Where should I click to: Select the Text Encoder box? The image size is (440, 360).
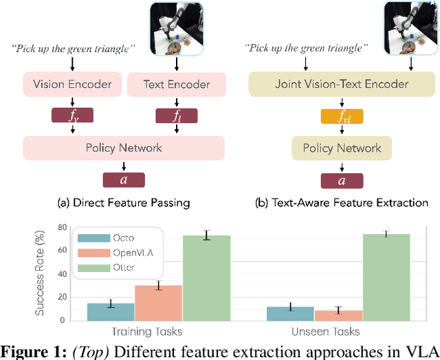[x=176, y=85]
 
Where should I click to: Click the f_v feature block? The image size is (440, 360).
[x=73, y=116]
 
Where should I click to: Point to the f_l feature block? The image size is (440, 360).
[x=177, y=116]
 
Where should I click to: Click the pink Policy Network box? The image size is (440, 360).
[x=124, y=148]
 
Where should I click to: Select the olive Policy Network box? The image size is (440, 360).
[x=342, y=148]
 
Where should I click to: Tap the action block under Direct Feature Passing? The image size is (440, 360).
[x=124, y=180]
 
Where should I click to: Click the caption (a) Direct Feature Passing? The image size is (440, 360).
[x=124, y=203]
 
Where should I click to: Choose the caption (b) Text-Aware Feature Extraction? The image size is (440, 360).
[x=342, y=203]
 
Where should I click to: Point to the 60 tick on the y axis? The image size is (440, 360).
[x=61, y=251]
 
